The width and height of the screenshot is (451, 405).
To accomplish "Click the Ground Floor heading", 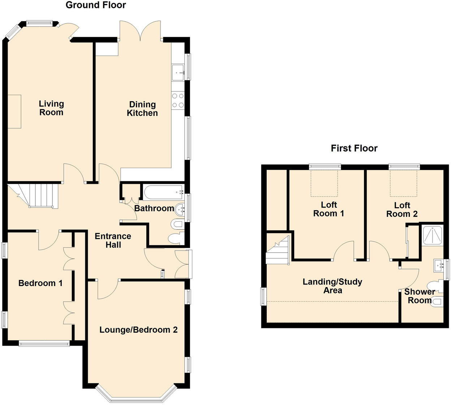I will pos(96,5).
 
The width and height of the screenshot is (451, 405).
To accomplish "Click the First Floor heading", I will pos(354,148).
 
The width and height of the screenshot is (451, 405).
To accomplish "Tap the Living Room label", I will pos(51,108).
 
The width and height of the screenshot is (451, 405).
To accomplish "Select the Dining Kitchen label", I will pos(142,109).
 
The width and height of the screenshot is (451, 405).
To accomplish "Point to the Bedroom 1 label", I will pos(40,283).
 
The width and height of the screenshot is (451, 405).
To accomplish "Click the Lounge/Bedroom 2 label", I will pos(138,330).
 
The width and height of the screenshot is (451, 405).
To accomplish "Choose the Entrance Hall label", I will pos(113,240).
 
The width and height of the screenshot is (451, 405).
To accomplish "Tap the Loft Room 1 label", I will pos(328,209).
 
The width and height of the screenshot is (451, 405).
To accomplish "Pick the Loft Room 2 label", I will pos(402,210).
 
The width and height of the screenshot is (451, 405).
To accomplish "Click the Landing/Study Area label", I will pos(332,286).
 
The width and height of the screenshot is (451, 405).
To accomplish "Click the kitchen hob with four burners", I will pos(178,101).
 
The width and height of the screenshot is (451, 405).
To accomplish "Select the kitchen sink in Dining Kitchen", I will pos(178,72).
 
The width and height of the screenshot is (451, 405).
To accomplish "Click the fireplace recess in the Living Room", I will pos(14,111).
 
